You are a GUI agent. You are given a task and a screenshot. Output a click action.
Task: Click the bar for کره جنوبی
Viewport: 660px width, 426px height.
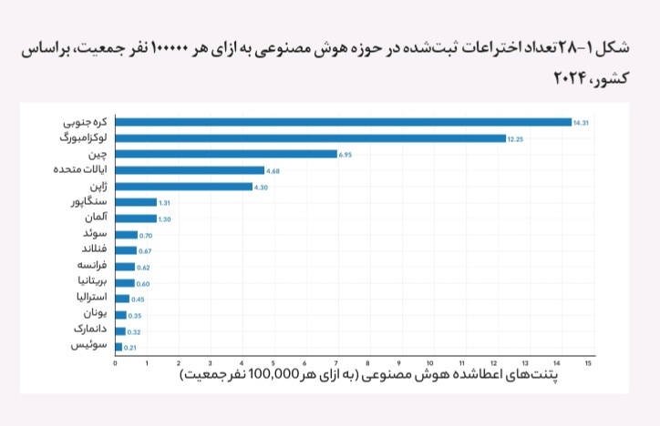(344, 122)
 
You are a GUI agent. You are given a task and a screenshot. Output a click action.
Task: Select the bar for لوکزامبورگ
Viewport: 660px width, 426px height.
(311, 138)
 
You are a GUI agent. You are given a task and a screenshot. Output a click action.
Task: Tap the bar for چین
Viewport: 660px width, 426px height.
(226, 154)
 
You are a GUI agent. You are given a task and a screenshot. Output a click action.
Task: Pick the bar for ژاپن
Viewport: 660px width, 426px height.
(184, 187)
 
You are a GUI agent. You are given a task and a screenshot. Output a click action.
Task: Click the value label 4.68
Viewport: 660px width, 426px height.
(273, 171)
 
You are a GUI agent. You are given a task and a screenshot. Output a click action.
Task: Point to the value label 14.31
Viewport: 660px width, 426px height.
(581, 123)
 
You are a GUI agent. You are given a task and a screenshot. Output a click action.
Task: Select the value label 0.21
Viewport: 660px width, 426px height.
(130, 348)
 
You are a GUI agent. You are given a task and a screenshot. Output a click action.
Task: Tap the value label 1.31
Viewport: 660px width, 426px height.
(164, 203)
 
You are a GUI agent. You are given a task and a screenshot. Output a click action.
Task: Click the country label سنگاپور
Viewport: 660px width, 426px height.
(88, 202)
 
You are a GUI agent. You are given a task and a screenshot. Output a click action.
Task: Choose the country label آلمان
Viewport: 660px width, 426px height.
(96, 218)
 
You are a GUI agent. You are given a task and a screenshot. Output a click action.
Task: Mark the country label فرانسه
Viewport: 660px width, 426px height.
(92, 265)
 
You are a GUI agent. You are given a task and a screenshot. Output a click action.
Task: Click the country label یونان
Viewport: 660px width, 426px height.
(95, 313)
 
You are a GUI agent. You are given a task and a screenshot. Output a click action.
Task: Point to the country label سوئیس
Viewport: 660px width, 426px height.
(88, 345)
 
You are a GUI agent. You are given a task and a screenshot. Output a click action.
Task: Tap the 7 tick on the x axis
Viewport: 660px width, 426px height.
(335, 363)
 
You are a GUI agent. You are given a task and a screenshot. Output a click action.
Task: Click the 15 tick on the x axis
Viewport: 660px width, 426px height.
(588, 363)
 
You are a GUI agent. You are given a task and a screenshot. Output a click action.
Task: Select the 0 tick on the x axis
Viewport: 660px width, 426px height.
(116, 363)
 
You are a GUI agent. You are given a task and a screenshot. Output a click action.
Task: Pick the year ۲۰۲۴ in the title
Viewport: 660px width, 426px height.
(571, 78)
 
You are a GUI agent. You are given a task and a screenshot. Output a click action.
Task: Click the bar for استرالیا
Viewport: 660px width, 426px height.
(122, 299)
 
